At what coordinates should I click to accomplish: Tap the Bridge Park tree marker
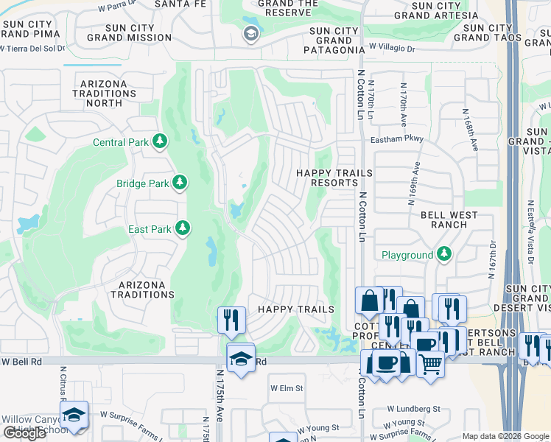[180, 182]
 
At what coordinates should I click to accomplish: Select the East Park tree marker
[182, 229]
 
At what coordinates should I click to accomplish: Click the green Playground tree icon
[443, 255]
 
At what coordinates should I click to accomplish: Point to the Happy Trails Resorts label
[334, 178]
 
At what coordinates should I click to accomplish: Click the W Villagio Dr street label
[392, 46]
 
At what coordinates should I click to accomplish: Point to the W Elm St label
[287, 387]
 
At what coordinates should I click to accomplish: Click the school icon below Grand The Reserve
[251, 34]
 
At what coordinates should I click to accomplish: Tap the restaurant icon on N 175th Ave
[231, 319]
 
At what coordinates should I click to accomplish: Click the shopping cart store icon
[430, 363]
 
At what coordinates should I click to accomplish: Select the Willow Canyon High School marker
[74, 414]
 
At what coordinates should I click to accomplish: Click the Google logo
[24, 433]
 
